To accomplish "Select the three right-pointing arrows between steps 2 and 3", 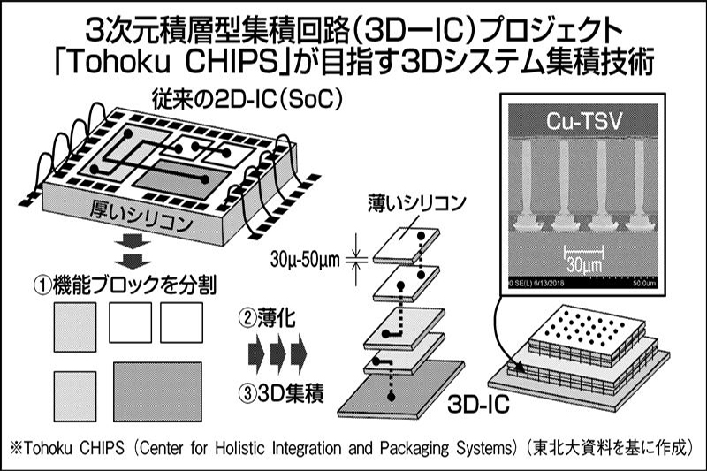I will pyautogui.click(x=276, y=353).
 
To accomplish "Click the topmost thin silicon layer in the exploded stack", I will pyautogui.click(x=405, y=246).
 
